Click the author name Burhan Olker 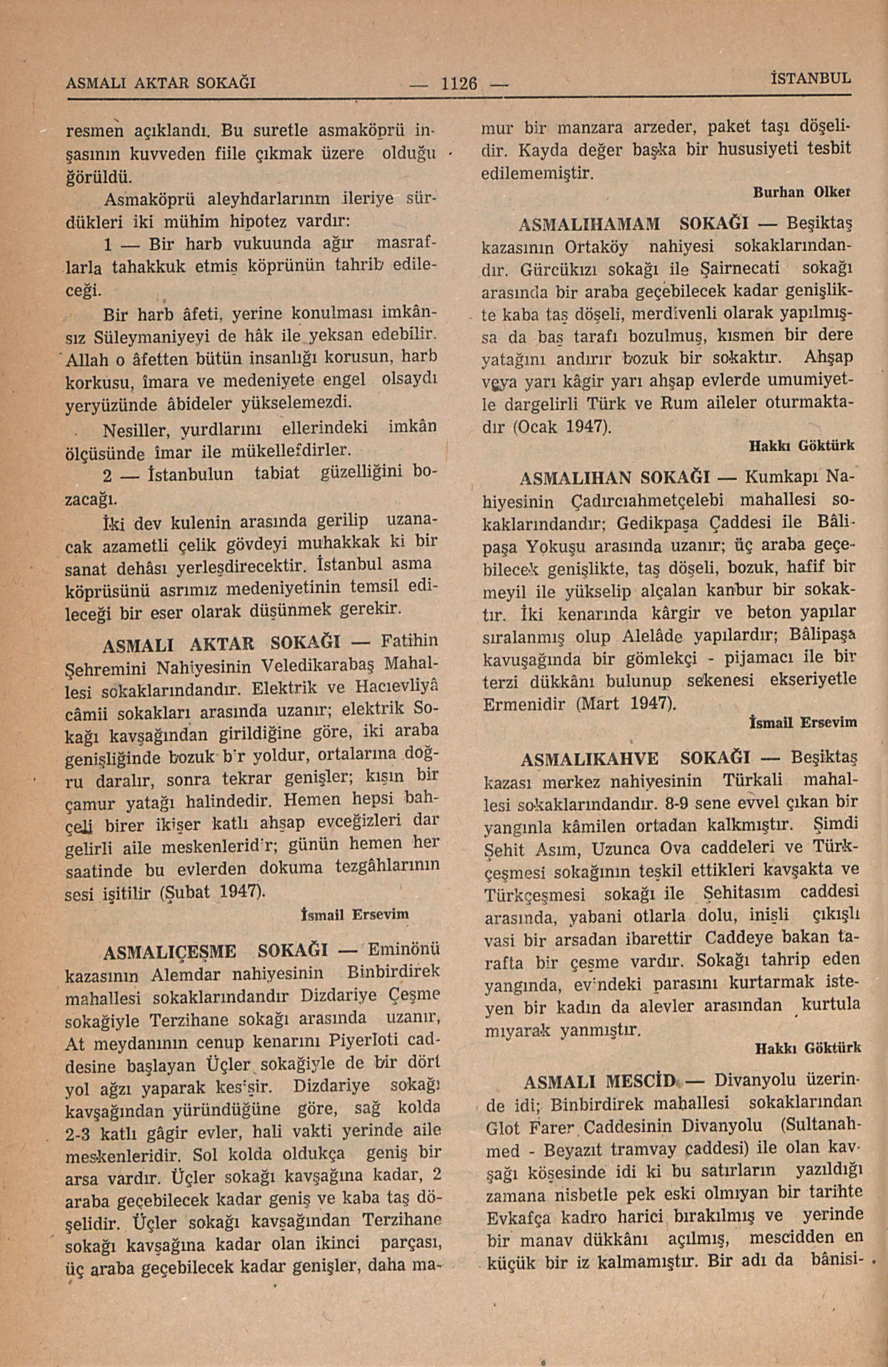coord(802,194)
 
